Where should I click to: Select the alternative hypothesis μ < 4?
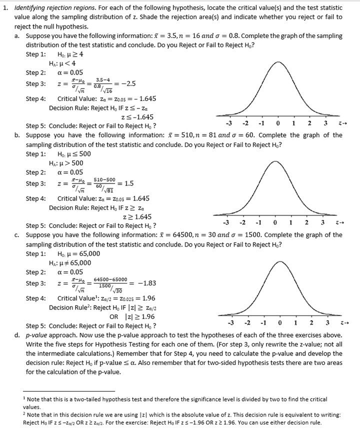pos(62,63)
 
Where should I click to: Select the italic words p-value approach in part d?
pos(53,335)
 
